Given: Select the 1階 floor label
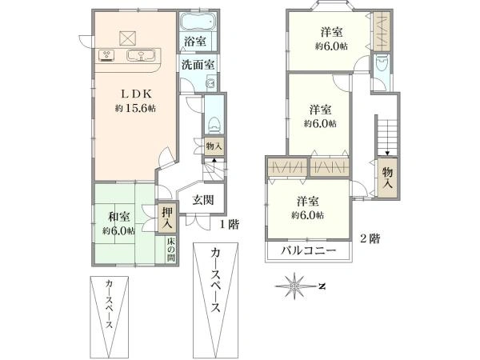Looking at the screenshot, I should tap(229, 225).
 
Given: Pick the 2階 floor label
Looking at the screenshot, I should tap(370, 238).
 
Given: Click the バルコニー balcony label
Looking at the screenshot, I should tap(308, 254).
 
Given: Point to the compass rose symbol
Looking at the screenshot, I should tap(296, 285).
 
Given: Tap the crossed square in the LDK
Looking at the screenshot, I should tap(128, 37).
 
